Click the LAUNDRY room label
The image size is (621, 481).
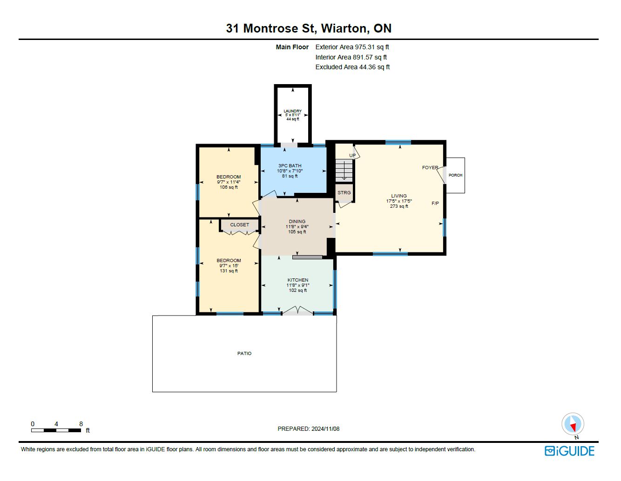click(292, 111)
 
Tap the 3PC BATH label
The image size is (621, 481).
click(290, 165)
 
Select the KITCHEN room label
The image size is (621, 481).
click(298, 280)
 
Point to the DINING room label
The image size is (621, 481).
click(297, 221)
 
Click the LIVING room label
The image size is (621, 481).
click(398, 196)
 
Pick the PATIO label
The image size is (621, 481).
click(244, 353)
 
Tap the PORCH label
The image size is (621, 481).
click(455, 175)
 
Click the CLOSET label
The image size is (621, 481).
click(239, 225)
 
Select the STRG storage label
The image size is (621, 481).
click(344, 192)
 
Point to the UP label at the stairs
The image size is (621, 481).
click(352, 156)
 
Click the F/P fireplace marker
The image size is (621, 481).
click(435, 204)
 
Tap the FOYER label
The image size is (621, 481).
click(430, 167)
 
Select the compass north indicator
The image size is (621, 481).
click(573, 424)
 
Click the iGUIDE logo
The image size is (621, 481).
click(569, 451)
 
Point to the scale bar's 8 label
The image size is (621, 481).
click(81, 424)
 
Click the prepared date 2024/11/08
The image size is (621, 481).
click(325, 429)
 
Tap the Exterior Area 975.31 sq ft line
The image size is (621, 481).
click(352, 47)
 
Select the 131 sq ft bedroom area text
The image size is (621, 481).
click(229, 271)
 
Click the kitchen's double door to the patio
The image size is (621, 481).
click(297, 311)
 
